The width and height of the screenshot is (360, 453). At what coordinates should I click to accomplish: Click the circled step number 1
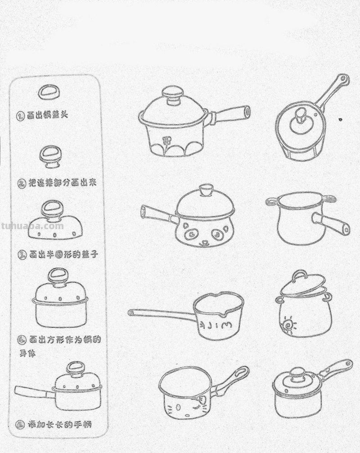[20, 116]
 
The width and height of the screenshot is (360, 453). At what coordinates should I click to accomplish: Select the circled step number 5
[20, 424]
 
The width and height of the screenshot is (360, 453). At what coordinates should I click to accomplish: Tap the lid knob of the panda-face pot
[206, 190]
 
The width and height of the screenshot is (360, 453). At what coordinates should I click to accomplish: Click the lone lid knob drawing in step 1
[49, 93]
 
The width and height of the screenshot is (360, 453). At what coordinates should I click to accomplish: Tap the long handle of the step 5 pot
[34, 391]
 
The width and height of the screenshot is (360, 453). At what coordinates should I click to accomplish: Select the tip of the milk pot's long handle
[131, 313]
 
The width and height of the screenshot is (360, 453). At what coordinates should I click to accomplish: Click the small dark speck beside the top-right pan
[340, 119]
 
